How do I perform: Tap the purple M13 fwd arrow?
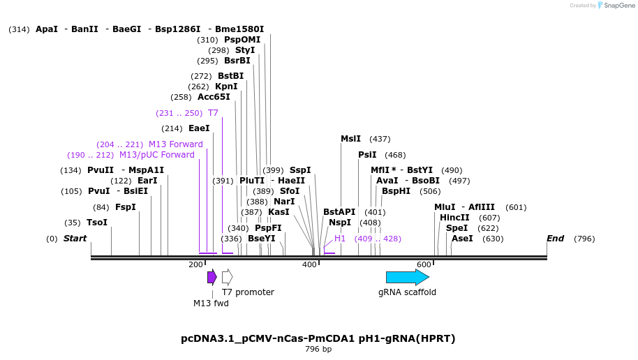(x=212, y=277)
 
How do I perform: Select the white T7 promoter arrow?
(x=227, y=277)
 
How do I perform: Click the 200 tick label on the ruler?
(x=196, y=265)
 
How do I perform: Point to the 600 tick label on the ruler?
(x=424, y=265)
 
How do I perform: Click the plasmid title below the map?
(x=318, y=338)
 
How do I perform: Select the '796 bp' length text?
(x=318, y=349)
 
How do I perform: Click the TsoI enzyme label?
(x=97, y=223)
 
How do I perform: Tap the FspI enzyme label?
(x=126, y=207)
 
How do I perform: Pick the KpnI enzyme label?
(x=226, y=87)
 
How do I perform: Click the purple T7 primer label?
(x=213, y=113)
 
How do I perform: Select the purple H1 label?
(x=340, y=239)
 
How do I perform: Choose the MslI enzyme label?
(x=350, y=139)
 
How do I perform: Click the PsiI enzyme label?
(x=367, y=155)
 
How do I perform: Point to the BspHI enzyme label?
(x=396, y=191)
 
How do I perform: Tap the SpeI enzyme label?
(x=457, y=228)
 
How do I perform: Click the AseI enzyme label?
(x=462, y=239)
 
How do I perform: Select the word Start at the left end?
(x=75, y=239)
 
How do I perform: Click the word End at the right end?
(x=555, y=239)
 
